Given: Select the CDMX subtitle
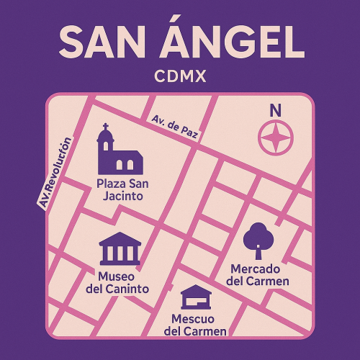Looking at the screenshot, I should pos(180,76).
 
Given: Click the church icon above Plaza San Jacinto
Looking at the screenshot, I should pos(120,153).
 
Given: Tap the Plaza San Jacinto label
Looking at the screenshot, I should pos(122,189).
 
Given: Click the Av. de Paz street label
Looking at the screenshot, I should pos(175,127).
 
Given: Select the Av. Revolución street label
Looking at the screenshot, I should pos(58,174).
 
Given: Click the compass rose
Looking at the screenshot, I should pos(275,137).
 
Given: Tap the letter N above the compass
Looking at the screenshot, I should pos(275,111).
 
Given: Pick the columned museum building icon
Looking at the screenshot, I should pos(120,248).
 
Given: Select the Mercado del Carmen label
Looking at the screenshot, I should pos(258,274).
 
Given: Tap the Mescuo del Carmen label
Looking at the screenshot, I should pos(195,325).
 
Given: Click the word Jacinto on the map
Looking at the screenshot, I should pos(122,196).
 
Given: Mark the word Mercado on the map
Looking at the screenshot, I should pos(258,268).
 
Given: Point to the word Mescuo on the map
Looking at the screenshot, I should pos(195,318).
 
